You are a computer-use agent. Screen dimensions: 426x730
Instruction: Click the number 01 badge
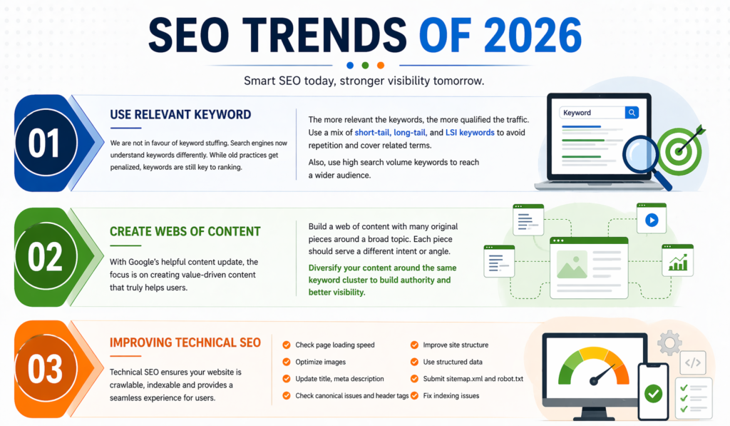(x=43, y=143)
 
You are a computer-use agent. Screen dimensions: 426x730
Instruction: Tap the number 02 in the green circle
(x=43, y=257)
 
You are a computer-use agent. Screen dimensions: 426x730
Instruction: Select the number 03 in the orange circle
(x=44, y=370)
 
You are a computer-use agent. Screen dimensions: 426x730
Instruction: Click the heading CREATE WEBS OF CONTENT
(x=185, y=231)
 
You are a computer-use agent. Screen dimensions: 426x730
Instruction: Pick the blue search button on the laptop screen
(x=631, y=113)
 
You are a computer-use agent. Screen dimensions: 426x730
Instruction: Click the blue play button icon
(x=651, y=220)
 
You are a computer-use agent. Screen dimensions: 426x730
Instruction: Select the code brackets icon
(x=693, y=362)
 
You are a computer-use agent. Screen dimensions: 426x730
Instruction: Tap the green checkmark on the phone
(x=652, y=393)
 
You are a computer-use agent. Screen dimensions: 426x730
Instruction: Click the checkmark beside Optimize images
(x=287, y=362)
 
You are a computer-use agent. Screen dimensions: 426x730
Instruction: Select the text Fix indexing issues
(x=451, y=395)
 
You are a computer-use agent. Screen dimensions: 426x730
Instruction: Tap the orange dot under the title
(x=381, y=66)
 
